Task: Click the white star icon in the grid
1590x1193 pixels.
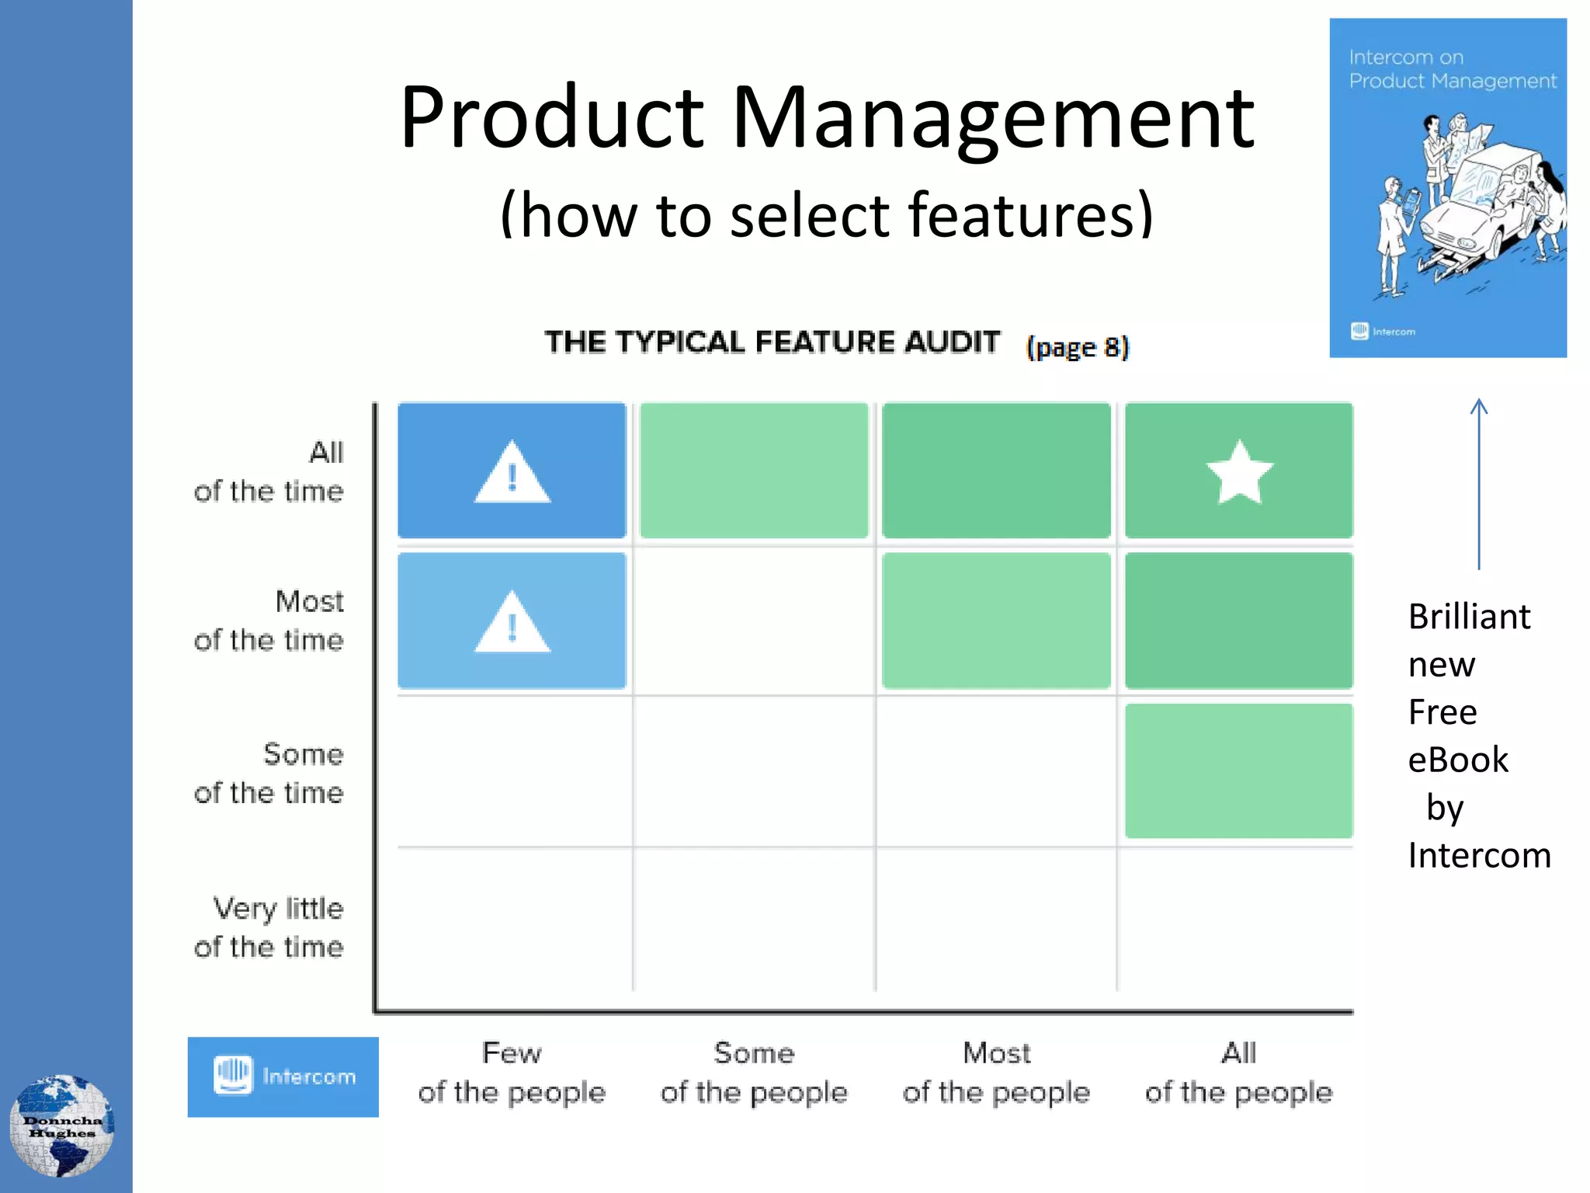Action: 1239,472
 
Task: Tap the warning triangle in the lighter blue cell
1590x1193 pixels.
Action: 512,624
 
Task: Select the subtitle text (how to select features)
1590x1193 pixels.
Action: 827,215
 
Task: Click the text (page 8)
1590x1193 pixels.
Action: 1078,346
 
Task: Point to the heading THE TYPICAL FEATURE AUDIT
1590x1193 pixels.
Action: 772,342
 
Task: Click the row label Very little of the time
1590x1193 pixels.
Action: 269,927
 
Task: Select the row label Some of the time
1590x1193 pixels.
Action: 269,774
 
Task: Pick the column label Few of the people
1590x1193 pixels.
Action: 512,1073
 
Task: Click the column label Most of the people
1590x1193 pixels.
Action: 996,1073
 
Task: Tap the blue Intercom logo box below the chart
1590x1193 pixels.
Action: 283,1076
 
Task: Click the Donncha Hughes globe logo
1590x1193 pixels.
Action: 62,1125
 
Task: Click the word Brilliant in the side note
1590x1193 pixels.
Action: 1469,617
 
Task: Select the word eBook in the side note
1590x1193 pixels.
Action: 1458,760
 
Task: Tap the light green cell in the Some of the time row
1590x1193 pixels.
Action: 1238,770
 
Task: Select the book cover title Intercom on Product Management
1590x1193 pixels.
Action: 1452,69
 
